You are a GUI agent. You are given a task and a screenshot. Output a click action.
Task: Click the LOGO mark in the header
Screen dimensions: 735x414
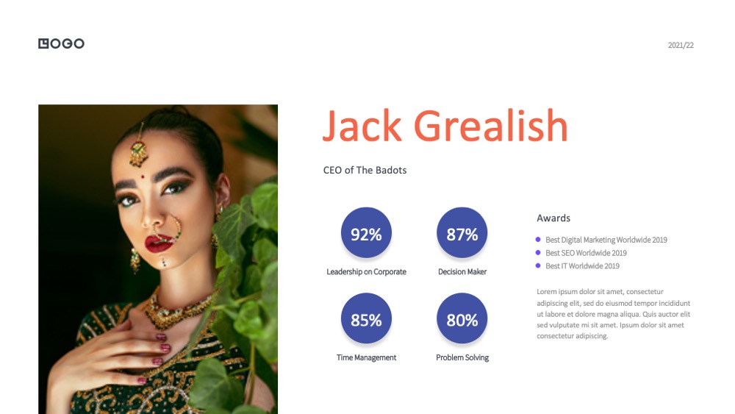[62, 43]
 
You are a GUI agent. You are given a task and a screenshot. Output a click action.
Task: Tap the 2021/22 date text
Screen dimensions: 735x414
[681, 45]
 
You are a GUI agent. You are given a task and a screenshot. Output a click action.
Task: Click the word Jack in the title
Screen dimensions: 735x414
[362, 125]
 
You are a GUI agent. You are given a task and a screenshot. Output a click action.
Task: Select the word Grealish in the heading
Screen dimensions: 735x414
[491, 125]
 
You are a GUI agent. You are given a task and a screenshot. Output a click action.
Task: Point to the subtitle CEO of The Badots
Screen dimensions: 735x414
[365, 170]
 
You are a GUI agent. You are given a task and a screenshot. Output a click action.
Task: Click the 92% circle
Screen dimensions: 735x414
[366, 232]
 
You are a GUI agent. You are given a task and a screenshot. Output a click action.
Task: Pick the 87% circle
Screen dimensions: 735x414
[462, 232]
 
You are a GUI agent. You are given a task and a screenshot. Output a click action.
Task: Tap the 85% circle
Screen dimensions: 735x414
[366, 318]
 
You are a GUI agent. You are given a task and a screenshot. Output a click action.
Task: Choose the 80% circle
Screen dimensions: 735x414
[462, 318]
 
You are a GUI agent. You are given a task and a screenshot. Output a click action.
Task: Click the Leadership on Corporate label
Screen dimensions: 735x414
[366, 271]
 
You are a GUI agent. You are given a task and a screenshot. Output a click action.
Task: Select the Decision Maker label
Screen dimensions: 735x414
[462, 271]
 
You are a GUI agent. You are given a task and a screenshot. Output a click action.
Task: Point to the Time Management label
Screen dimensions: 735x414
[366, 357]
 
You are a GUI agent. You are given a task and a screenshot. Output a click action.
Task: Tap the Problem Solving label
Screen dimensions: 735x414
[462, 357]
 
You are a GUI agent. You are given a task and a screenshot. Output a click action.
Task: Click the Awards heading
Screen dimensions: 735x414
[553, 218]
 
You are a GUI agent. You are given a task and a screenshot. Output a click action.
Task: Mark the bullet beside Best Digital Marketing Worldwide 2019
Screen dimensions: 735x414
[538, 240]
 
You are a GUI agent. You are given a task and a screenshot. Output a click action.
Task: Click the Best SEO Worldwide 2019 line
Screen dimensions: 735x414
[586, 253]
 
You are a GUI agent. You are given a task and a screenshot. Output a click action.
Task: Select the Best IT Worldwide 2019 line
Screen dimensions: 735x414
[582, 266]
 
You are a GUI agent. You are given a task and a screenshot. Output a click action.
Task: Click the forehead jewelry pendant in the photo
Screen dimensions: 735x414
[138, 153]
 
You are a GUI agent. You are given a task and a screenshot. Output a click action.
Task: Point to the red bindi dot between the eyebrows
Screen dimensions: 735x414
[143, 176]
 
